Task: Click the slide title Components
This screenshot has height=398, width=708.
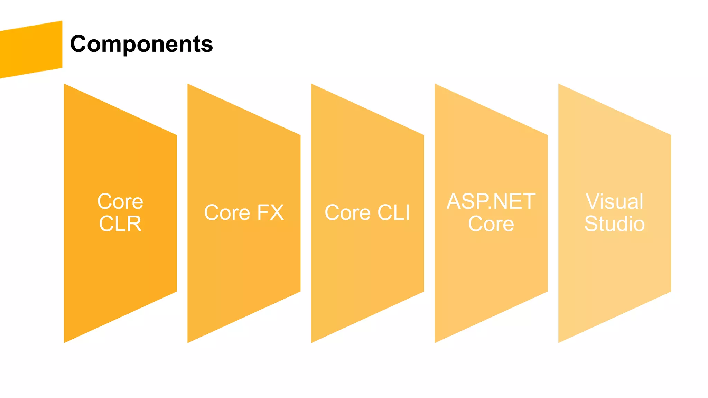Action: pyautogui.click(x=141, y=44)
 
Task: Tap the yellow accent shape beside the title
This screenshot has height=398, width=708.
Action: pyautogui.click(x=31, y=49)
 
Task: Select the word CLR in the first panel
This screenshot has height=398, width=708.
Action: pyautogui.click(x=120, y=224)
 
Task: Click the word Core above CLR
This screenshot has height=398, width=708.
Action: pyautogui.click(x=120, y=201)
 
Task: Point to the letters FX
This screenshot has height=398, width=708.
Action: pyautogui.click(x=270, y=212)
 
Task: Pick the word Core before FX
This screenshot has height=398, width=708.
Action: pyautogui.click(x=227, y=212)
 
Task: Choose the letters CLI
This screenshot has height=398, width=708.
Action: pyautogui.click(x=393, y=212)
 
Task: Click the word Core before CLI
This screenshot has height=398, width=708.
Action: pyautogui.click(x=348, y=212)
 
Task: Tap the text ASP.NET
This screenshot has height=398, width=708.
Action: pyautogui.click(x=491, y=201)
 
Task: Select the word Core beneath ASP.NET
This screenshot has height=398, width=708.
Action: pyautogui.click(x=491, y=224)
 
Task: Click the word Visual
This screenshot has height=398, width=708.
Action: pyautogui.click(x=615, y=201)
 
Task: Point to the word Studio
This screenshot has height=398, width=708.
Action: pyautogui.click(x=615, y=224)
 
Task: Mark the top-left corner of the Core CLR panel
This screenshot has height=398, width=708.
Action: pyautogui.click(x=65, y=85)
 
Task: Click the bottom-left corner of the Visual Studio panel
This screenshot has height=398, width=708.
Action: pyautogui.click(x=559, y=342)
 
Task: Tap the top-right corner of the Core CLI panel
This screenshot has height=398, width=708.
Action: pyautogui.click(x=423, y=135)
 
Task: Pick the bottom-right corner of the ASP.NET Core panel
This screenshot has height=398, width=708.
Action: pyautogui.click(x=547, y=291)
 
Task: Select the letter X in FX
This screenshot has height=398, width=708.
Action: pyautogui.click(x=277, y=212)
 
